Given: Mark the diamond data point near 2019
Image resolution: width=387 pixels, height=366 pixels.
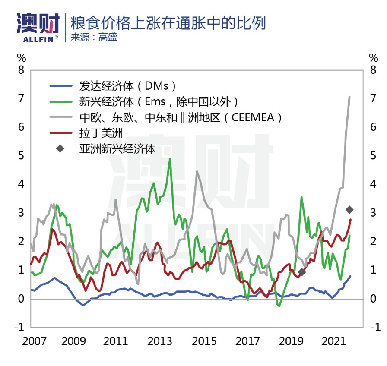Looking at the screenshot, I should (x=302, y=272).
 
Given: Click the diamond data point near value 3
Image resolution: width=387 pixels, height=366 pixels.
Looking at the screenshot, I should (x=350, y=210).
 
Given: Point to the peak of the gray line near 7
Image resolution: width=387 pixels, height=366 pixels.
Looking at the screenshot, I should (x=349, y=97).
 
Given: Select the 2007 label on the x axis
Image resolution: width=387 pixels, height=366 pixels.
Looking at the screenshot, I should (x=35, y=341).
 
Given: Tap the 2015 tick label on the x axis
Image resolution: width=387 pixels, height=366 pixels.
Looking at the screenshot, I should (x=204, y=341).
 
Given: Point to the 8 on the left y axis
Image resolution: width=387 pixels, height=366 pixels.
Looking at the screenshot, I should (x=20, y=70).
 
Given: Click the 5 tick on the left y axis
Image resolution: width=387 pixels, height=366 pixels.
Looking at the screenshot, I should (x=20, y=156).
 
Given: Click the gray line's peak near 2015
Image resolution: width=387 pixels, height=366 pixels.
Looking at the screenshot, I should (x=197, y=171).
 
